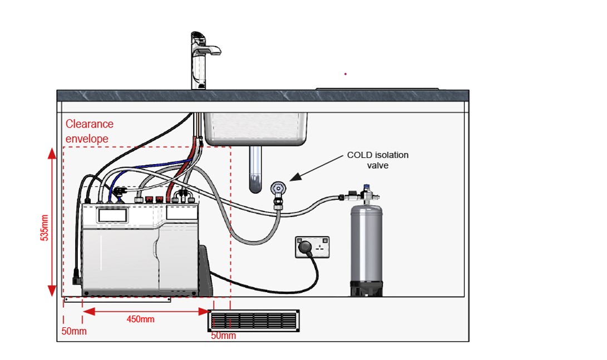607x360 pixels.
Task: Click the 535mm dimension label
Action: point(45,228)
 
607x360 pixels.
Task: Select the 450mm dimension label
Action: point(141,319)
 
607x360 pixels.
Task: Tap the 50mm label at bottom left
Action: point(74,332)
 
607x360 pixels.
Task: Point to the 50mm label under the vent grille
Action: point(223,336)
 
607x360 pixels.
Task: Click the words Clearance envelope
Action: point(90,131)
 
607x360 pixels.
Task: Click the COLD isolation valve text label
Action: point(378,160)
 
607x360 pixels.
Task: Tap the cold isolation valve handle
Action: point(278,189)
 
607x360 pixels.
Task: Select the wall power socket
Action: point(313,247)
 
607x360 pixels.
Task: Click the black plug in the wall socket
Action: point(305,246)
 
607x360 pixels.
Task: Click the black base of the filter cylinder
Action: point(366,289)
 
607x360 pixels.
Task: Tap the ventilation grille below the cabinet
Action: point(254,320)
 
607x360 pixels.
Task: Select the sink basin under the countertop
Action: point(256,129)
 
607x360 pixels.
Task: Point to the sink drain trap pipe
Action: point(255,169)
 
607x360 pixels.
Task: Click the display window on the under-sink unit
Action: point(112,215)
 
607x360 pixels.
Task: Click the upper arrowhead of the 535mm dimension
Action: point(52,153)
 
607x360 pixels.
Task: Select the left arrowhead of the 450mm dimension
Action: point(89,312)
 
